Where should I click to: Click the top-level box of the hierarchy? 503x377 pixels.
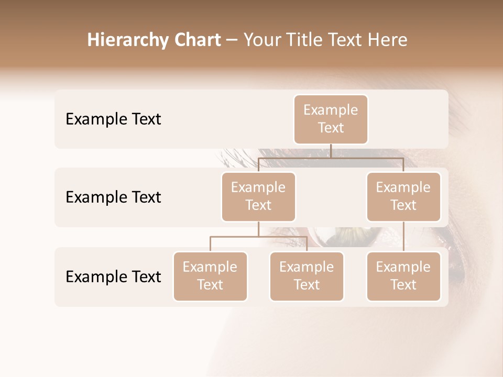(331, 119)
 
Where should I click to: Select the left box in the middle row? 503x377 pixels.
(258, 197)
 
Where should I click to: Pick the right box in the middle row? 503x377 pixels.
(403, 197)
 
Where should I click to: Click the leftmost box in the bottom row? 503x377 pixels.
(210, 276)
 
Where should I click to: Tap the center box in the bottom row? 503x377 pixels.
(307, 276)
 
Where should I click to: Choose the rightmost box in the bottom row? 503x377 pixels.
(403, 276)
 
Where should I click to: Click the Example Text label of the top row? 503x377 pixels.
(113, 119)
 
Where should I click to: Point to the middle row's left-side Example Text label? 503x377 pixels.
(113, 197)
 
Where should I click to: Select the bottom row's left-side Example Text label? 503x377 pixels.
(113, 277)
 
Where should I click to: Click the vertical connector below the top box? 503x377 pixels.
(331, 151)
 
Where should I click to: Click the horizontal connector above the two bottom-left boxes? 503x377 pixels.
(258, 237)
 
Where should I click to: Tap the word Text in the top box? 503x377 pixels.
(331, 128)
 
